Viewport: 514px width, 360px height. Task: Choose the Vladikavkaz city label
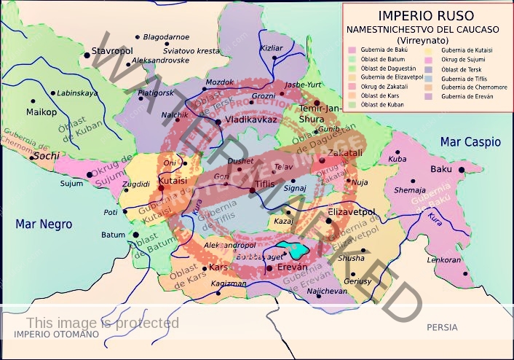coord(251,120)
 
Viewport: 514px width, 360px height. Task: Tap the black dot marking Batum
coord(135,235)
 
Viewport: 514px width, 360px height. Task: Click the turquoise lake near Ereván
coord(293,249)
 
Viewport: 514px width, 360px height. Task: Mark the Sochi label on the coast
coord(46,156)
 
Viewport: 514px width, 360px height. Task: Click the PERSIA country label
coord(443,327)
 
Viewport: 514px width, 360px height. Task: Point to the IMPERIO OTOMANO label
coord(55,334)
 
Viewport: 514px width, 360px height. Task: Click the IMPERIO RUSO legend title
coord(428,15)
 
